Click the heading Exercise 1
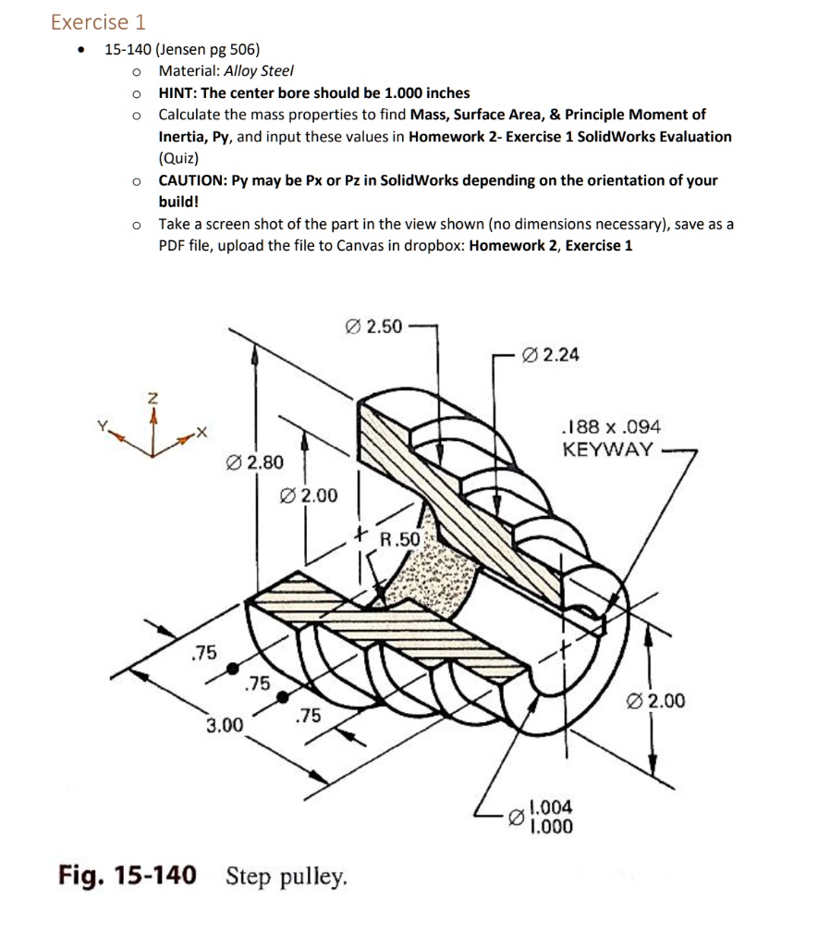pos(98,21)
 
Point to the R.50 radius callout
pos(400,538)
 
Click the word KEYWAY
pos(607,450)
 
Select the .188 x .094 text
pos(611,427)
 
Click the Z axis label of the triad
pos(153,399)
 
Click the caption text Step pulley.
pos(287,875)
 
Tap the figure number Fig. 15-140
pos(127,875)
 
